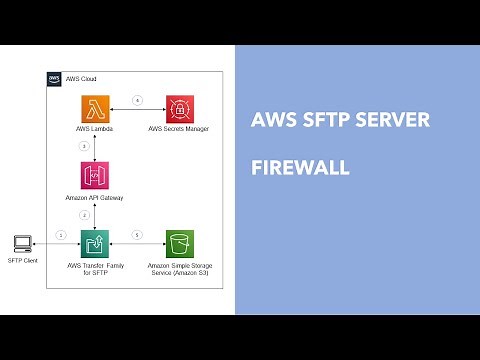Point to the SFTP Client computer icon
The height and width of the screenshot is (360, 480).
[x=20, y=243]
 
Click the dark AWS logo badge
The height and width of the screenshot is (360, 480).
[x=55, y=77]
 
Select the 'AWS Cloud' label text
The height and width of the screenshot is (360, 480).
[x=80, y=77]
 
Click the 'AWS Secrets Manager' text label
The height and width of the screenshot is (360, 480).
[x=180, y=129]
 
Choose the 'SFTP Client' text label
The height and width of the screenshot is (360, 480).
[x=20, y=262]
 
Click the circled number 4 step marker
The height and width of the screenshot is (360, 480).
[x=137, y=98]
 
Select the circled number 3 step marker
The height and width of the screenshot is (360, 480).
[x=84, y=146]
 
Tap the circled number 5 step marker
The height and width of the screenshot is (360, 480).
[x=137, y=236]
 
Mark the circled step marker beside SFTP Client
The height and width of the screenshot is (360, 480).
[x=61, y=236]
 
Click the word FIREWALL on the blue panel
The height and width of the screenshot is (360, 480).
[x=299, y=168]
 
